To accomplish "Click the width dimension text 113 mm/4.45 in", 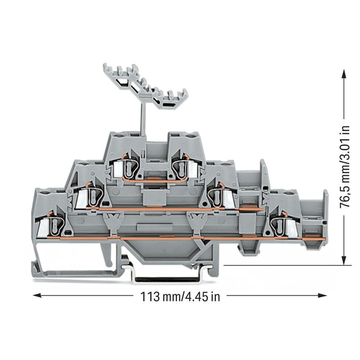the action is pyautogui.click(x=180, y=297).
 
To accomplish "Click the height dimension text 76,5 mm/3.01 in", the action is pyautogui.click(x=345, y=167).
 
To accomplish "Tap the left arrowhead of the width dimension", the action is pyautogui.click(x=37, y=296).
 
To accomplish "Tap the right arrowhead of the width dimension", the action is pyautogui.click(x=322, y=296).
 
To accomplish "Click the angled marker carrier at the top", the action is pyautogui.click(x=145, y=86).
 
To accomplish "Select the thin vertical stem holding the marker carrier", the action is pyautogui.click(x=144, y=119).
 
